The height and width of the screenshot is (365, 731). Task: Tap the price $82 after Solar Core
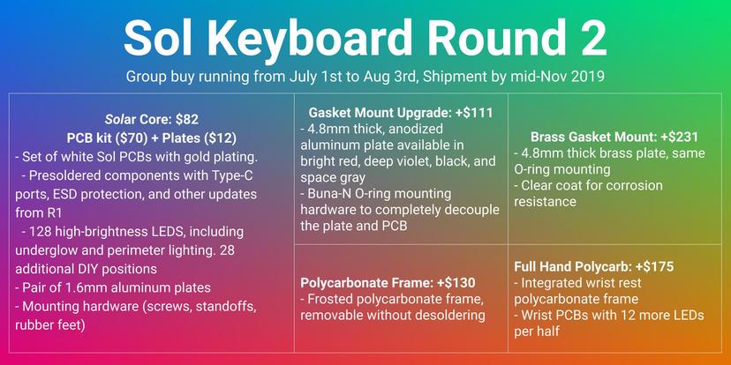click(x=187, y=120)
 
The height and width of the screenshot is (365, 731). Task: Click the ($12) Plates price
click(x=222, y=138)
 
